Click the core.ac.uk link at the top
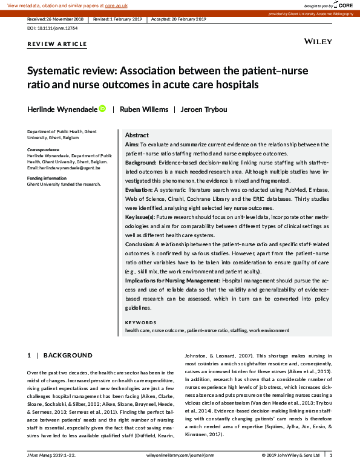pos(116,5)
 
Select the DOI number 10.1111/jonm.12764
pos(54,28)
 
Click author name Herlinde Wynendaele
pos(62,109)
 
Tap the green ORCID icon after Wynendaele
pos(102,109)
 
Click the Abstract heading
pos(137,135)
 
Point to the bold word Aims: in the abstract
pos(132,145)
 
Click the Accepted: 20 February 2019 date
pos(178,19)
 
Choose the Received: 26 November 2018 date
pos(56,19)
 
